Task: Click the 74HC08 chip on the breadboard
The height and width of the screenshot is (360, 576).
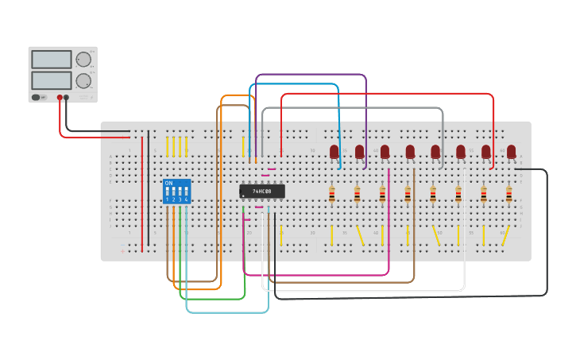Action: pyautogui.click(x=262, y=192)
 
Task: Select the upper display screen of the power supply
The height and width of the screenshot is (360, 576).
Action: pyautogui.click(x=51, y=60)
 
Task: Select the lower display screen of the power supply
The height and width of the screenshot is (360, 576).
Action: pyautogui.click(x=51, y=80)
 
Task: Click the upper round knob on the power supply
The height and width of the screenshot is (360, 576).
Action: pyautogui.click(x=83, y=60)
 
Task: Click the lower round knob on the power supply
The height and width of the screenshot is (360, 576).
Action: pyautogui.click(x=83, y=80)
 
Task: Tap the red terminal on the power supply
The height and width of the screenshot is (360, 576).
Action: pyautogui.click(x=60, y=98)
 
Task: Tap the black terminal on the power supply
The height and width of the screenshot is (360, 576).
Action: pyautogui.click(x=67, y=98)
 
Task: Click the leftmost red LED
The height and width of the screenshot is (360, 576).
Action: pyautogui.click(x=334, y=151)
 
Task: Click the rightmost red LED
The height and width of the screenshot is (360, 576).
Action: pyautogui.click(x=511, y=151)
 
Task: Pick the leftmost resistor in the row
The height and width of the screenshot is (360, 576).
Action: pyautogui.click(x=332, y=194)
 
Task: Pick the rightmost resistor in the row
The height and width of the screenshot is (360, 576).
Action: pyautogui.click(x=509, y=194)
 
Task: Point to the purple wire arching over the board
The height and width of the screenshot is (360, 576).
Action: pyautogui.click(x=310, y=75)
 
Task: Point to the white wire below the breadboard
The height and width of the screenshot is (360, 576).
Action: pyautogui.click(x=365, y=291)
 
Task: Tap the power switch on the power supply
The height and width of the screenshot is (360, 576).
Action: pyautogui.click(x=36, y=98)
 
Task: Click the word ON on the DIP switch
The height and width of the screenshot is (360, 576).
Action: pyautogui.click(x=168, y=184)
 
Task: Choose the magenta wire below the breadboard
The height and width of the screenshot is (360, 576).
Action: pyautogui.click(x=318, y=275)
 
